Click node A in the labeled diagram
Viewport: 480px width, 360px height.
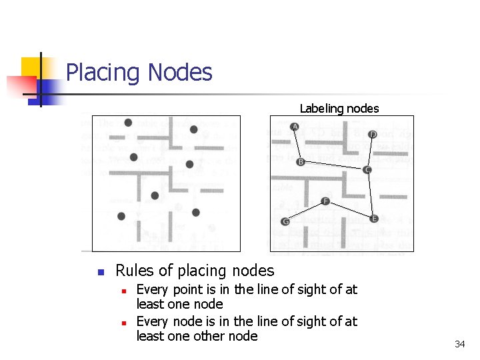point(295,127)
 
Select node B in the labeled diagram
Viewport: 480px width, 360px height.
point(301,162)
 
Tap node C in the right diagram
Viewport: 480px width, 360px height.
point(367,170)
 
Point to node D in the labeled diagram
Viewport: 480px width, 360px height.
point(373,135)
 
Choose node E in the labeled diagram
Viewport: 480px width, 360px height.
point(374,219)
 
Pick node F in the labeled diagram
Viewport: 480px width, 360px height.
point(325,201)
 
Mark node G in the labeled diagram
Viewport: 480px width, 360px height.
point(285,221)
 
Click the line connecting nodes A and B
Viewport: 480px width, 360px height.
point(297,144)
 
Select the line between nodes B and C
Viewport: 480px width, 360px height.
point(333,166)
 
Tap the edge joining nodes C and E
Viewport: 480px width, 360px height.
point(371,194)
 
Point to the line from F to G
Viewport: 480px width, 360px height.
point(305,211)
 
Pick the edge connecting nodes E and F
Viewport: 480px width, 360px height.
point(349,210)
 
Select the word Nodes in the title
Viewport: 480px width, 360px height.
point(180,72)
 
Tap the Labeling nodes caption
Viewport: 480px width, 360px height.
point(339,108)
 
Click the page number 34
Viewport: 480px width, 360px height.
point(459,344)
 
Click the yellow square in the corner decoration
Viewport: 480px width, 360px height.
point(30,67)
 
